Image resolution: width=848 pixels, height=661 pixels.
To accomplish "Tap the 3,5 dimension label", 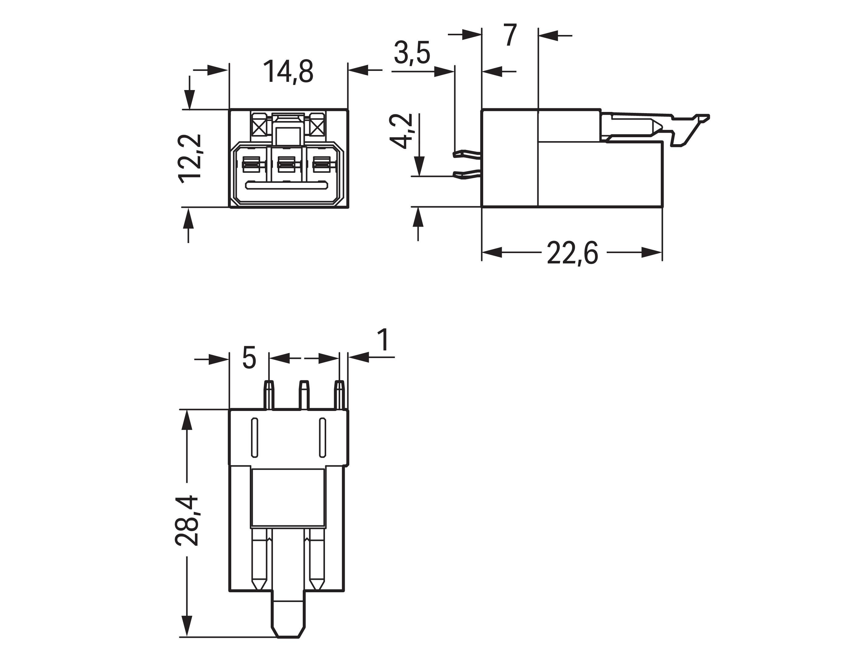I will [412, 53].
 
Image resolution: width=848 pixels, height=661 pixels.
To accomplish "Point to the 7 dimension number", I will [511, 35].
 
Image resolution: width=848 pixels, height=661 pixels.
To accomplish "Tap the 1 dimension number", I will [384, 340].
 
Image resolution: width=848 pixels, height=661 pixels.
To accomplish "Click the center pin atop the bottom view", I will [304, 394].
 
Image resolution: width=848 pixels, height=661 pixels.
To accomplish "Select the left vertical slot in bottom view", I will [255, 437].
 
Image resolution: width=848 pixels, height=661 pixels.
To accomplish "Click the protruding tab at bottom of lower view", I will [288, 619].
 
